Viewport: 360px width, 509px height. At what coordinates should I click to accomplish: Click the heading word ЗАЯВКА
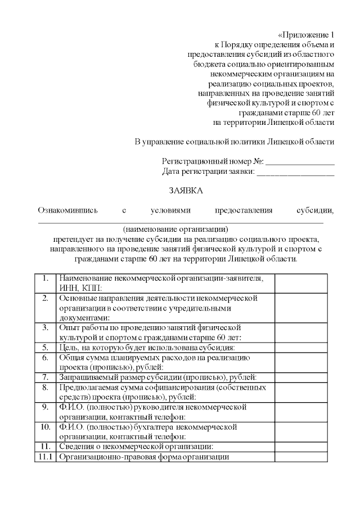click(186, 191)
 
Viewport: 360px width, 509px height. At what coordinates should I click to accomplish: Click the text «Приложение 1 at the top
click(306, 34)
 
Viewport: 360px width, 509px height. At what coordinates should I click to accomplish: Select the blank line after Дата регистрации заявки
click(295, 173)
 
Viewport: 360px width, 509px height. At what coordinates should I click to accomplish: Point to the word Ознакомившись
click(67, 210)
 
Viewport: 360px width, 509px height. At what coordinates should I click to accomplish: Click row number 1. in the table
click(46, 278)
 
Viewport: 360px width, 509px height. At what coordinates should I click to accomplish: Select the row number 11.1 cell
click(44, 457)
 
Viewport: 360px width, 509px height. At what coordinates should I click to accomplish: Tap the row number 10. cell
click(46, 427)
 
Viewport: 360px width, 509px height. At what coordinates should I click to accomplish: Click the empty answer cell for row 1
click(300, 283)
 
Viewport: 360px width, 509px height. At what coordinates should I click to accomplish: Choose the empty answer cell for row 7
click(300, 377)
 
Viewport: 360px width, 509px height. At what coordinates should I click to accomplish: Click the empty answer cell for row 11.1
click(300, 457)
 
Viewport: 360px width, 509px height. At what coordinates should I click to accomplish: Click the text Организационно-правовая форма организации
click(143, 457)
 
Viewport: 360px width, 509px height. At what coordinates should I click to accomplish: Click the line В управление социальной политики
click(234, 141)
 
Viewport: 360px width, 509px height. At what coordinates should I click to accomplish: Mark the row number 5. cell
click(46, 348)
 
